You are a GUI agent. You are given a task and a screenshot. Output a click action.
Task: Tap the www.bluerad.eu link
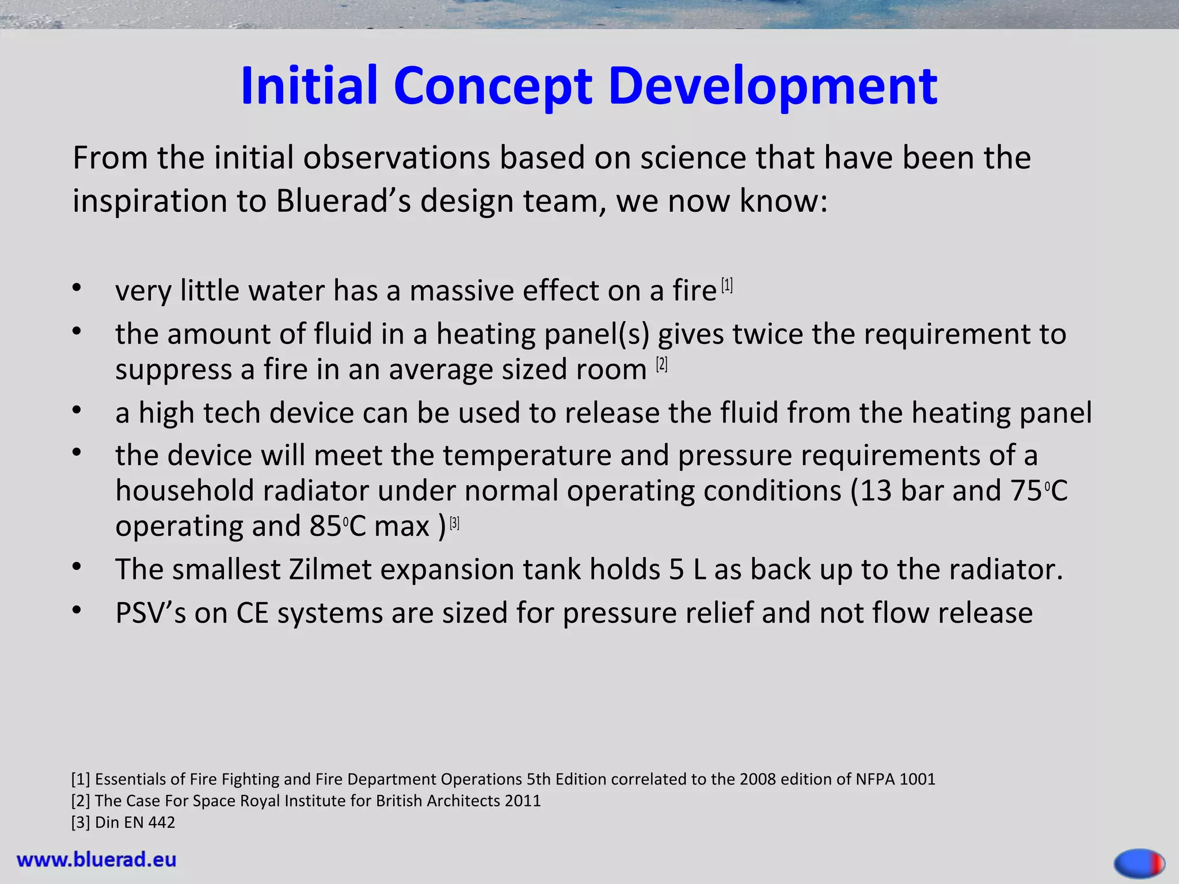coord(97,860)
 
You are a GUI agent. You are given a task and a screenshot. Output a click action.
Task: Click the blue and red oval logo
coord(1139,863)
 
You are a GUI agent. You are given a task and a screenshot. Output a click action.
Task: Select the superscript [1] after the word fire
coord(727,285)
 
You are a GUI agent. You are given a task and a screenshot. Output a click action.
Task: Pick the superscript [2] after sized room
coord(661,364)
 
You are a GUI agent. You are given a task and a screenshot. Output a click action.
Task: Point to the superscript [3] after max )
coord(454,523)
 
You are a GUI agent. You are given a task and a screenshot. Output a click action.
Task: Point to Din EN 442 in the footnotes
coord(135,822)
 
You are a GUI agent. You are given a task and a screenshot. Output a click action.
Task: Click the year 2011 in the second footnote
coord(522,801)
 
